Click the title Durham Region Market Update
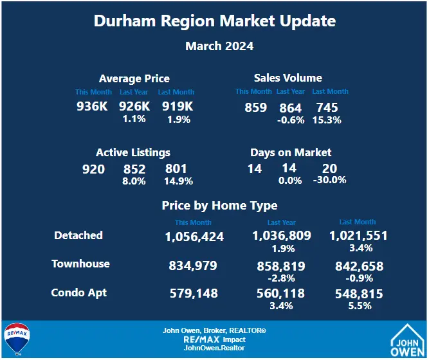pos(214,21)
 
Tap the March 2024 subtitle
pos(219,46)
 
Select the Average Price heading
pos(134,79)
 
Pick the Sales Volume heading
pos(288,78)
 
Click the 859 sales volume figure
pos(255,107)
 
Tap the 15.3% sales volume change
pos(327,120)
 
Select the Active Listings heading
pos(133,153)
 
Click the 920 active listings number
pos(93,169)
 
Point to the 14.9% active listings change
pos(178,181)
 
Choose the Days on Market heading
pos(291,153)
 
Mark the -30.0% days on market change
pos(329,180)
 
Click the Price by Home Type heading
pos(219,206)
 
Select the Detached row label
pos(78,235)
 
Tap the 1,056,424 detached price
pos(194,237)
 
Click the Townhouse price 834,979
pos(193,265)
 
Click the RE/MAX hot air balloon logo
pos(15,339)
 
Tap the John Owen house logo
pos(408,338)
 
